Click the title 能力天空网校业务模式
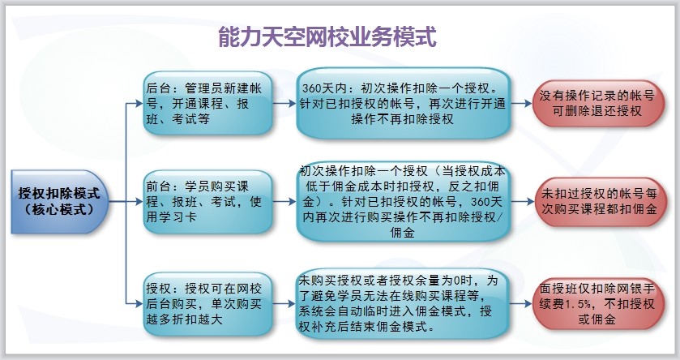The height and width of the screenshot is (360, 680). coord(327,36)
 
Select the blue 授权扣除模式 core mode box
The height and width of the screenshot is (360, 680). coord(59,202)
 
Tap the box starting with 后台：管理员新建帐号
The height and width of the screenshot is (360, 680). coord(207,103)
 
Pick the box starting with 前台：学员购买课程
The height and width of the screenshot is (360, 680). coord(207,202)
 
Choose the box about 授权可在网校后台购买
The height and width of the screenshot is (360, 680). coord(207,304)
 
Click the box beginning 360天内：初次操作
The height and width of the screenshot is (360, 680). coord(403,103)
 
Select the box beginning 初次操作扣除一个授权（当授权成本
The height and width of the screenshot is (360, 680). coord(403,202)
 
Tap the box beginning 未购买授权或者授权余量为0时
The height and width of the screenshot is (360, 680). coord(403,304)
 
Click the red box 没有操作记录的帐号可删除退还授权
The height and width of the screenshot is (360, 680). coord(598,103)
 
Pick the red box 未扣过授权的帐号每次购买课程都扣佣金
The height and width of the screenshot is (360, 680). coord(598,202)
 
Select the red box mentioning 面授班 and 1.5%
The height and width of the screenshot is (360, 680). coord(598,304)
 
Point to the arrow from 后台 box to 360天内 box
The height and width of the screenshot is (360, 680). coord(284,104)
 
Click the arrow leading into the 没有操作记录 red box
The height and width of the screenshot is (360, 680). coord(521,104)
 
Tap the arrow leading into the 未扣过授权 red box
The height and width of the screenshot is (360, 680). coord(521,202)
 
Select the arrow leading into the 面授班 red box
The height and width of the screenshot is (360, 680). coord(521,304)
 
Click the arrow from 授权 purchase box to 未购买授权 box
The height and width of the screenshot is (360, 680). coord(284,304)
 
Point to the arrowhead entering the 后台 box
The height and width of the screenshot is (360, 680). coord(139,104)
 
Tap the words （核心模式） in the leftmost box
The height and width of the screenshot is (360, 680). coord(59,210)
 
